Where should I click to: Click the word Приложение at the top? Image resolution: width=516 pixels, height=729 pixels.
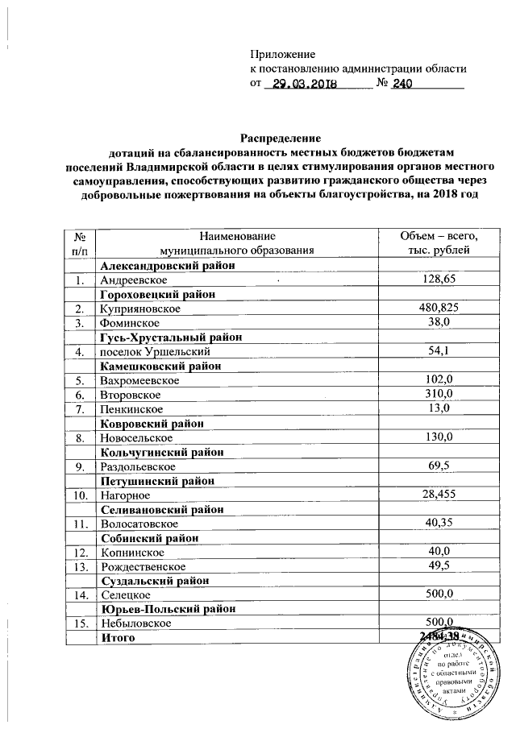point(281,54)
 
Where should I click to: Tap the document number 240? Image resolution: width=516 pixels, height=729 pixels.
point(402,83)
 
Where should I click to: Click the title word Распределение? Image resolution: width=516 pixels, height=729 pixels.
point(277,139)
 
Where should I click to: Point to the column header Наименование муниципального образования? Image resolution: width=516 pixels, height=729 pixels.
point(236,244)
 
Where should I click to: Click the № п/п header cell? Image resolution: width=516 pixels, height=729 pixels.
point(79,244)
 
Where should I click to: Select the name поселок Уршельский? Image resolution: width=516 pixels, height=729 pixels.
point(155,351)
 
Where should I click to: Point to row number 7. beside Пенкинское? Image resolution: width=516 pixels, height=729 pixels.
point(79,408)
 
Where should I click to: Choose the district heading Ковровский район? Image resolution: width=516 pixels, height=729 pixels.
point(151,423)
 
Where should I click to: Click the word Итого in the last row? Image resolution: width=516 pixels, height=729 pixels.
point(117,638)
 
